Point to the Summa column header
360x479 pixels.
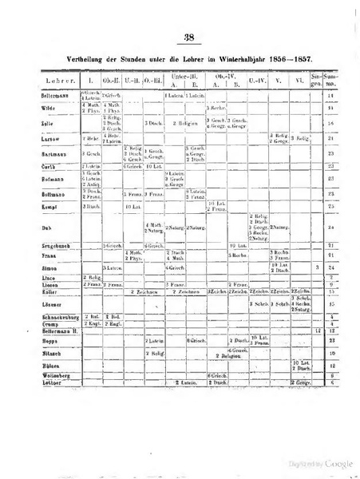[x=329, y=81]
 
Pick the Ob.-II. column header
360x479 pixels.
[x=113, y=81]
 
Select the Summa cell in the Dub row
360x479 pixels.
[x=329, y=228]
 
